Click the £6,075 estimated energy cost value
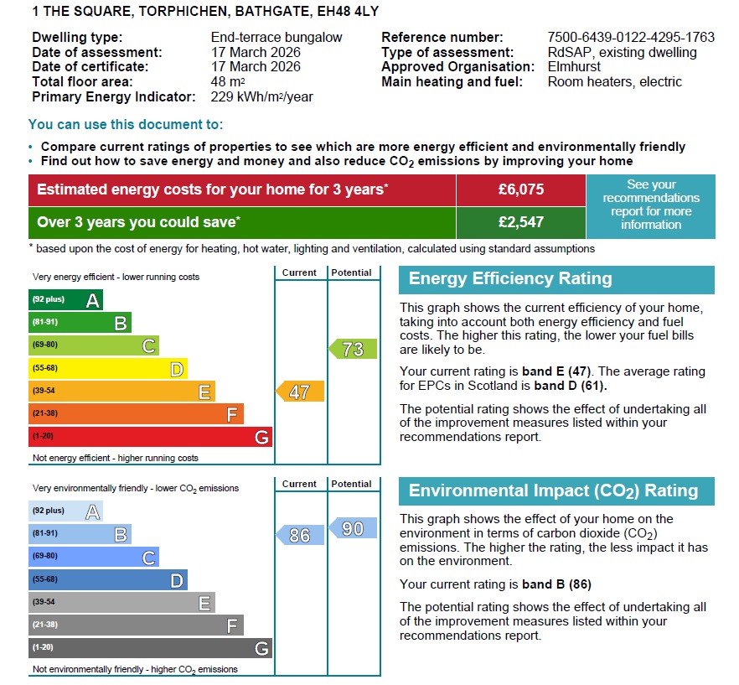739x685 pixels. click(x=520, y=189)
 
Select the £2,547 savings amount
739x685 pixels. click(x=520, y=222)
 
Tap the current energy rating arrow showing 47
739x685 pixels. click(x=300, y=392)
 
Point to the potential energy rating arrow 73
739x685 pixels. click(x=353, y=349)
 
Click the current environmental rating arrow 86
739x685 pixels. click(x=300, y=534)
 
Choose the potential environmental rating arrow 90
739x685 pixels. click(x=353, y=528)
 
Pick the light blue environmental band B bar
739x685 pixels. click(x=80, y=534)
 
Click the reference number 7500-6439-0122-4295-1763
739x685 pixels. click(x=630, y=38)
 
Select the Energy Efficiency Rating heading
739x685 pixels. click(x=510, y=279)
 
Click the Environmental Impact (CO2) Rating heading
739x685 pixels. click(x=552, y=491)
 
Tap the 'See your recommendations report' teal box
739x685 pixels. click(x=651, y=205)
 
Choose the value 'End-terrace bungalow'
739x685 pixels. click(x=276, y=38)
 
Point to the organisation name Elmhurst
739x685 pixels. click(x=574, y=67)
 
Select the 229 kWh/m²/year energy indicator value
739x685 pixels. click(x=261, y=97)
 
